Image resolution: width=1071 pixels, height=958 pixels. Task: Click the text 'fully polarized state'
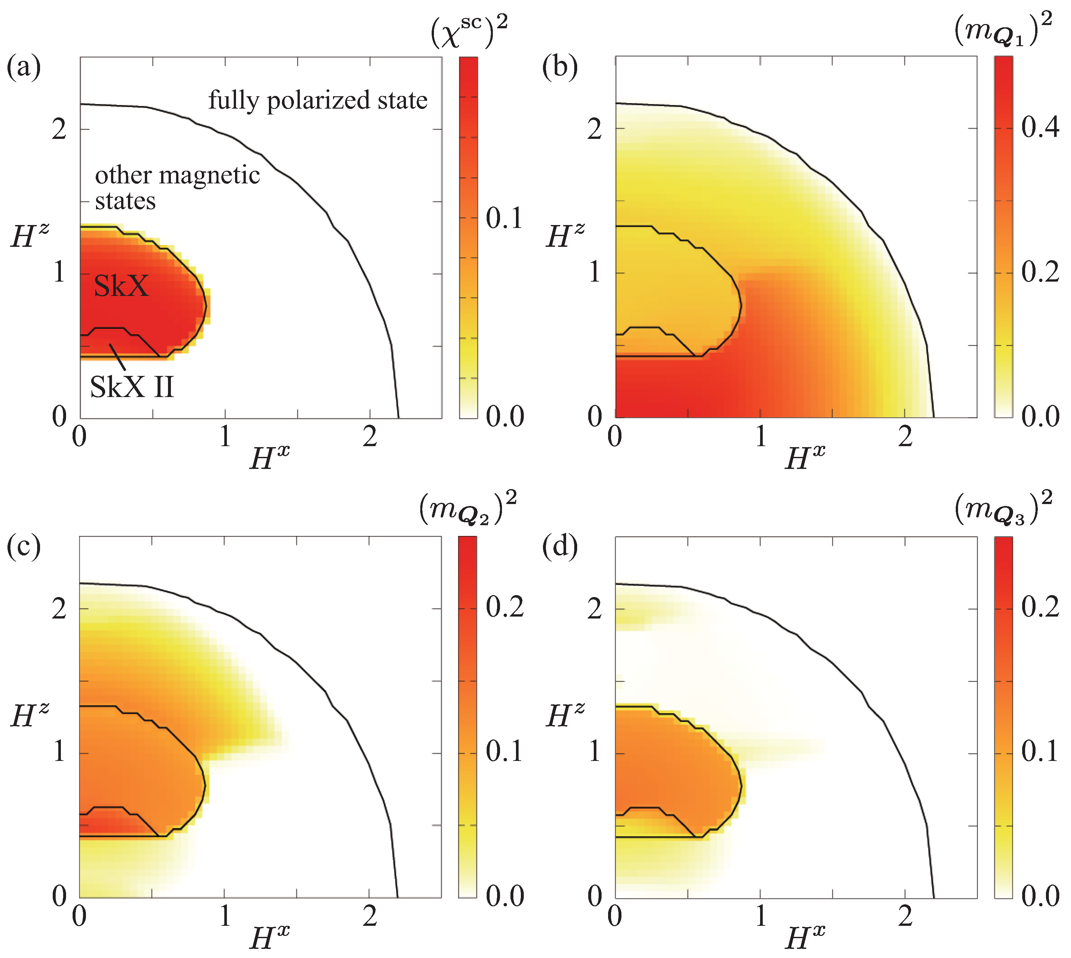click(318, 100)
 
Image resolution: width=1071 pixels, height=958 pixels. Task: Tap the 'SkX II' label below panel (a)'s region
click(132, 387)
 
